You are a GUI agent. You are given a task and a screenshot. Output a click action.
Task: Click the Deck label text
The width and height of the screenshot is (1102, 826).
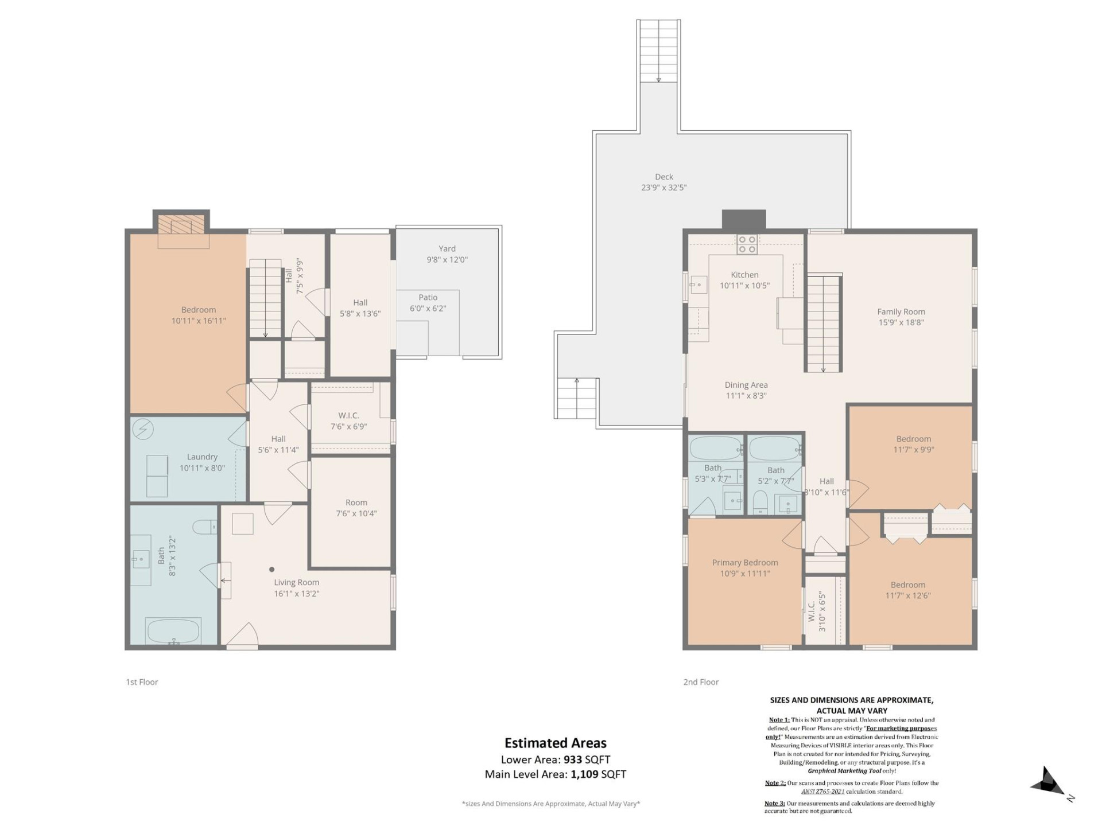click(663, 177)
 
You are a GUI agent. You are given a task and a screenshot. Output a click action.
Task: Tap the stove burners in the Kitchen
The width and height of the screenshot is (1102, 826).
click(747, 244)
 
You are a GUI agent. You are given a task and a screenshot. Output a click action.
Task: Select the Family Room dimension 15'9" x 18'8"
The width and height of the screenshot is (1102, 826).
click(901, 322)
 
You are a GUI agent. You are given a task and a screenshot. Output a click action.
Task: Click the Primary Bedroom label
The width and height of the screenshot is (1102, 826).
click(744, 563)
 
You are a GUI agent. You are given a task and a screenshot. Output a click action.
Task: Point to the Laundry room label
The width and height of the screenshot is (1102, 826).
click(202, 457)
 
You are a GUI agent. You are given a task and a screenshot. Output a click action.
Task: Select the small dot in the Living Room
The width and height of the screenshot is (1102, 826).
click(271, 570)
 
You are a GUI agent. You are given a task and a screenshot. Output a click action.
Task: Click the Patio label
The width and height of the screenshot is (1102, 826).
click(428, 297)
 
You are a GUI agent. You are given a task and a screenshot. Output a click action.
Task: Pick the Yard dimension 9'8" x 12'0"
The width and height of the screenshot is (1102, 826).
click(447, 259)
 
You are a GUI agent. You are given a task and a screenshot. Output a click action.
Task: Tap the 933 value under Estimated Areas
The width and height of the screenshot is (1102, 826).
click(572, 759)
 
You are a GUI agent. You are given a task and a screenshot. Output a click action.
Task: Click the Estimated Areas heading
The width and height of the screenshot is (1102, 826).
click(555, 743)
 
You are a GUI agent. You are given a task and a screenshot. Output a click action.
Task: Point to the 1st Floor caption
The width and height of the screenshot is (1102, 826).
click(142, 682)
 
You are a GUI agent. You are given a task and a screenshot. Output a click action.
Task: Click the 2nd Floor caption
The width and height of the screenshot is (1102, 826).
click(701, 682)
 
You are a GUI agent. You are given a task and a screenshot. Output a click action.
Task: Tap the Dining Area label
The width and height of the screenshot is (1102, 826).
click(746, 385)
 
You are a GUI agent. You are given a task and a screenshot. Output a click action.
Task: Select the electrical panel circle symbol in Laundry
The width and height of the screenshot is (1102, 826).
click(143, 428)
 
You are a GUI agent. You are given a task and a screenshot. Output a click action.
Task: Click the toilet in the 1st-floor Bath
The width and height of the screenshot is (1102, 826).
click(204, 526)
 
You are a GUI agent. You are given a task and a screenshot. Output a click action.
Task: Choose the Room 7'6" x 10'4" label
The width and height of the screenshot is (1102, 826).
click(356, 502)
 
